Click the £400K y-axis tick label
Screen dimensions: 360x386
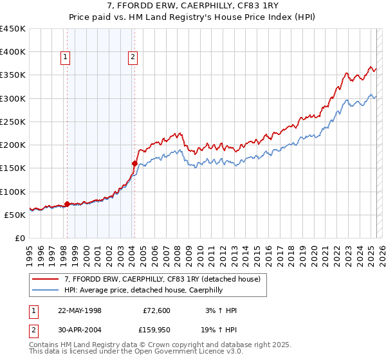12,52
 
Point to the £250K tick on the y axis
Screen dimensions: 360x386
12,122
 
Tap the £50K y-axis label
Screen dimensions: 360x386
15,215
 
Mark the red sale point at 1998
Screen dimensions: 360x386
67,204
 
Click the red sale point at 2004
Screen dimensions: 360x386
134,163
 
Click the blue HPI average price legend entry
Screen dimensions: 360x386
152,290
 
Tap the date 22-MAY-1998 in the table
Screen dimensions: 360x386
80,310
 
